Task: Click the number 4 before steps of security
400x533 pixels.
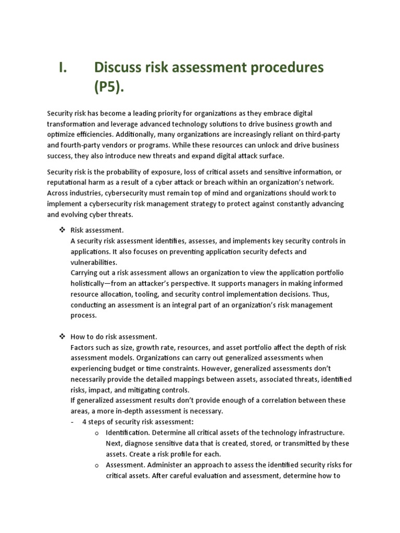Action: tap(84, 422)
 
